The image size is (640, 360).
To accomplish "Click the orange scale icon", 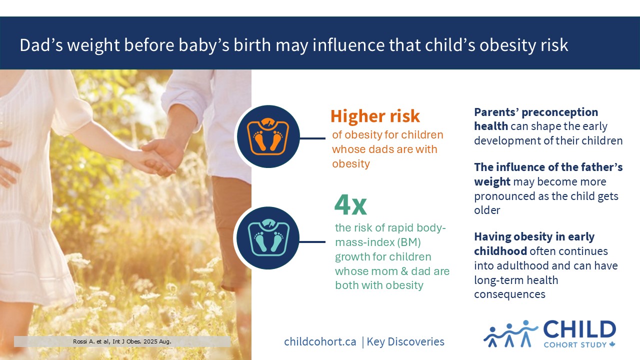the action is tap(268, 136).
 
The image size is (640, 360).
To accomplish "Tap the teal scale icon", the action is tap(268, 237).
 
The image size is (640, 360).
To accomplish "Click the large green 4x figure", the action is tap(350, 205).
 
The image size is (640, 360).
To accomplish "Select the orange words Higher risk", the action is tap(375, 116).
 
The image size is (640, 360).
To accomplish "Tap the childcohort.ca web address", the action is tap(320, 341).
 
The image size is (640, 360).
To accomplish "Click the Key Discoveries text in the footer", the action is tap(405, 341).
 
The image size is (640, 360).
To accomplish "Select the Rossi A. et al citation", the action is tap(122, 341).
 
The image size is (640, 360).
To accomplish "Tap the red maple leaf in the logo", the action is tap(612, 344).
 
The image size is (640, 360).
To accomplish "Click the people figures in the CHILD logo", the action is tap(510, 333).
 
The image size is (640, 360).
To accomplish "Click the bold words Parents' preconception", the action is tap(536, 112).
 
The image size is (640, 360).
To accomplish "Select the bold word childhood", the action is tap(500, 251).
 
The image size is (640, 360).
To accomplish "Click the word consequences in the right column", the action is tap(509, 294).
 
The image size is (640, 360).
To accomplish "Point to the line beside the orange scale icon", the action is tap(312, 138).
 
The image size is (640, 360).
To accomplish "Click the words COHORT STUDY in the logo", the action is tap(575, 345).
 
